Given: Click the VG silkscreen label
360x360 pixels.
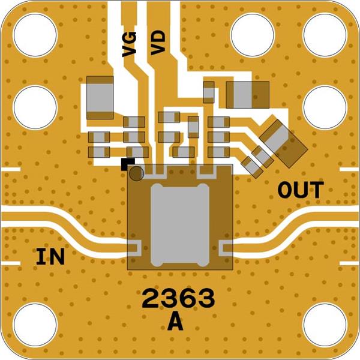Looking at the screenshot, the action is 129,44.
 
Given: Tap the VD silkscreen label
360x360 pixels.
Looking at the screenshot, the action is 158,43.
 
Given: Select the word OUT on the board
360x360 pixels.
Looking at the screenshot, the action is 301,190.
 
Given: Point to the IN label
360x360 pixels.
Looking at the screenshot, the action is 50,256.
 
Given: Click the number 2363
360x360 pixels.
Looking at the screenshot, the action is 178,298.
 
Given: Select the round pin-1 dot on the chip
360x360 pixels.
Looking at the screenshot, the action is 136,173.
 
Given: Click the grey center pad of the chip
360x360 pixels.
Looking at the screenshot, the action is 180,225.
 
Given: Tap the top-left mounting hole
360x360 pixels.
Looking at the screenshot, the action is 35,35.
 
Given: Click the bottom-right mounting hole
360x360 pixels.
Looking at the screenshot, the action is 325,325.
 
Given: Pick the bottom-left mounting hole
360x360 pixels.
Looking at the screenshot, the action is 35,325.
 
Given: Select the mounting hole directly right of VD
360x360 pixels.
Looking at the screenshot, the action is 253,35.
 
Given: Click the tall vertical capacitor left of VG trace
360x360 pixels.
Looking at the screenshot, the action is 100,98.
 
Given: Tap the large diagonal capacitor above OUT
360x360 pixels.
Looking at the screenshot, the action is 284,143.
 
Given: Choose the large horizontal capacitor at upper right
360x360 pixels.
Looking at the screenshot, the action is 247,95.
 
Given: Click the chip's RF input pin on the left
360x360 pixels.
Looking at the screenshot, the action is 133,248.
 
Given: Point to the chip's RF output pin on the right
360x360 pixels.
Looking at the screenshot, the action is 227,248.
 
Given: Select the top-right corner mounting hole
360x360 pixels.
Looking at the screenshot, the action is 325,35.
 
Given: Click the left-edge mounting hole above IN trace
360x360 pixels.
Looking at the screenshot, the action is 35,107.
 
